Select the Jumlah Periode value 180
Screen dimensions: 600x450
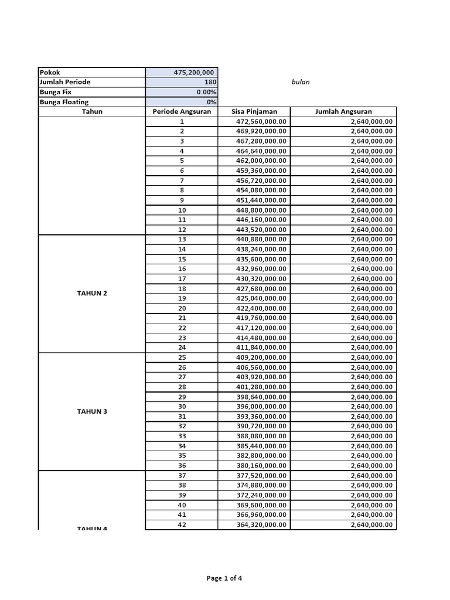tap(210, 82)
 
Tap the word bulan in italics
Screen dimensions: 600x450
tap(300, 82)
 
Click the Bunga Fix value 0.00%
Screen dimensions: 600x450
tap(206, 92)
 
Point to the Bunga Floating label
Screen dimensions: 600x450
tap(64, 102)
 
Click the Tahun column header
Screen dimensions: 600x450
tap(92, 111)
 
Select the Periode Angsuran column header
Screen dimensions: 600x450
tap(182, 111)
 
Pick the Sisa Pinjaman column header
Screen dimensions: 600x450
tap(254, 111)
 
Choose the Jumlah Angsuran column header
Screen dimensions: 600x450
tap(343, 111)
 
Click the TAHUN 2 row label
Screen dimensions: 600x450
tap(92, 293)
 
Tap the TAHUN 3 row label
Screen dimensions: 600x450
tap(92, 411)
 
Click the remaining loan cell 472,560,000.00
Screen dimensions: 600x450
tap(261, 122)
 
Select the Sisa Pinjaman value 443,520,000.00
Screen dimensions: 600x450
tap(261, 230)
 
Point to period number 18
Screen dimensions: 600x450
tap(182, 289)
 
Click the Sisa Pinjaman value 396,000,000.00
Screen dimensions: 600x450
tap(261, 406)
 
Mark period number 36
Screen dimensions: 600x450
tap(182, 465)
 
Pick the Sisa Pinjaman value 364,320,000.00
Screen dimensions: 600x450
tap(261, 524)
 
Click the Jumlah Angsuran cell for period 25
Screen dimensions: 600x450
tap(371, 357)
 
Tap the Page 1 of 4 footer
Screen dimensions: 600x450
tap(224, 578)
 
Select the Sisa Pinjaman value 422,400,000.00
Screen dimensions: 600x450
tap(261, 308)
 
